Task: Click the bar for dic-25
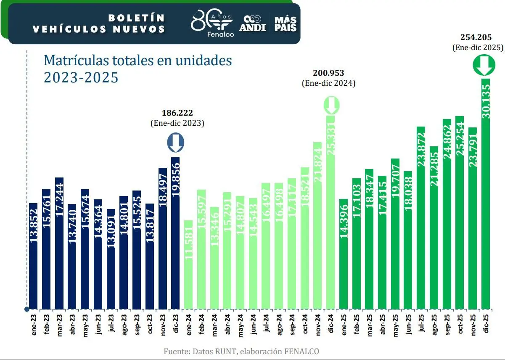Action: pyautogui.click(x=486, y=193)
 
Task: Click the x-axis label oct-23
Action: pyautogui.click(x=150, y=323)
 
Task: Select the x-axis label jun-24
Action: pyautogui.click(x=254, y=323)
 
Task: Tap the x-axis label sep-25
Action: pyautogui.click(x=447, y=323)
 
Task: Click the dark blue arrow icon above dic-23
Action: pyautogui.click(x=176, y=143)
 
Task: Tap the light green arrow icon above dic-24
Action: pyautogui.click(x=331, y=105)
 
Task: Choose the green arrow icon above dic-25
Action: pyautogui.click(x=483, y=66)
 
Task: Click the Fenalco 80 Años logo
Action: pyautogui.click(x=212, y=24)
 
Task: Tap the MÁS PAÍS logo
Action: pyautogui.click(x=286, y=24)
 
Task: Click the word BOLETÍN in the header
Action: pyautogui.click(x=136, y=18)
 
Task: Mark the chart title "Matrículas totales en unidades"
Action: pyautogui.click(x=138, y=61)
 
